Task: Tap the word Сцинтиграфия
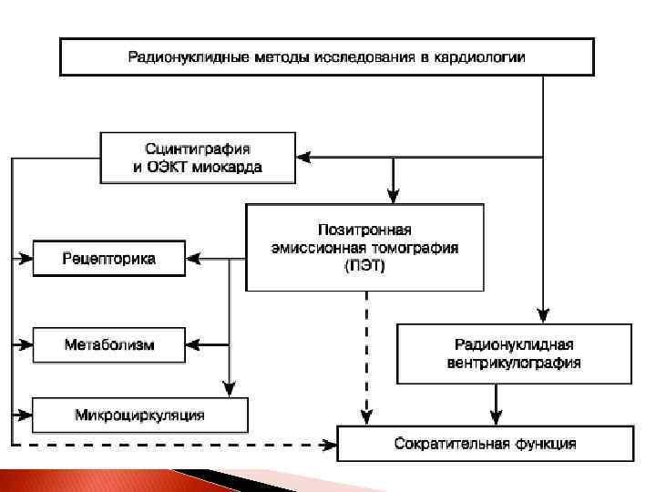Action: pyautogui.click(x=198, y=148)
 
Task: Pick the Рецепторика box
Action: pyautogui.click(x=109, y=259)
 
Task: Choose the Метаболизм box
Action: pyautogui.click(x=109, y=344)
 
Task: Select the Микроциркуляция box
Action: pyautogui.click(x=139, y=415)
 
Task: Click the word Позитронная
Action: pyautogui.click(x=364, y=230)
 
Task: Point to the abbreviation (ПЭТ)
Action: pyautogui.click(x=365, y=266)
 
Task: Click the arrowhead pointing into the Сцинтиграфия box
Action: pyautogui.click(x=306, y=157)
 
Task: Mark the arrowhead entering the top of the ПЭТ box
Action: pyautogui.click(x=393, y=194)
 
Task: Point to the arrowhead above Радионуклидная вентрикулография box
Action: pyautogui.click(x=543, y=314)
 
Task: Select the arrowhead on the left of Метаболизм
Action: pyautogui.click(x=25, y=344)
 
